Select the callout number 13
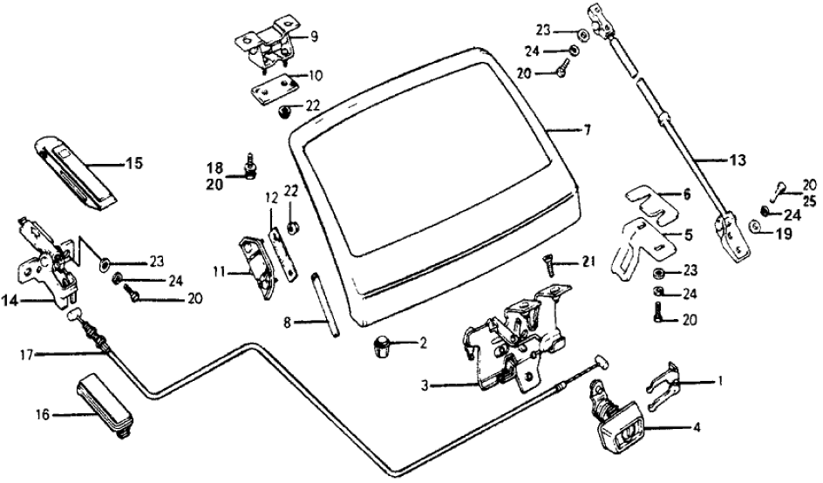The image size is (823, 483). click(738, 160)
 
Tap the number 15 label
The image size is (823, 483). click(133, 163)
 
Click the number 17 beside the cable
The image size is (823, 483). click(28, 354)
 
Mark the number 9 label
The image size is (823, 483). click(314, 37)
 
